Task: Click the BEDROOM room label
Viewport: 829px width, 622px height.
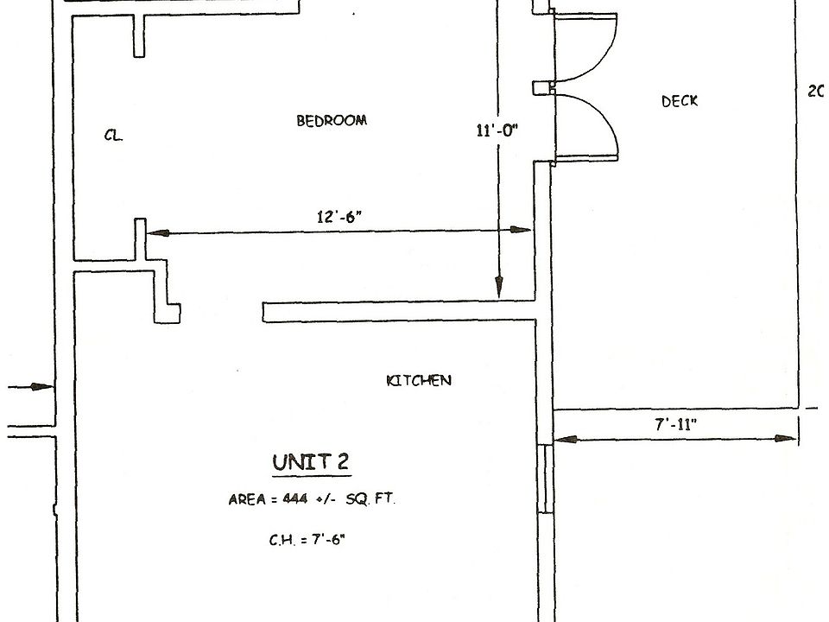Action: click(332, 121)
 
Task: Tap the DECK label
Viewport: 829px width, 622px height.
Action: click(680, 101)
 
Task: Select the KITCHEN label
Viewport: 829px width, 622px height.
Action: click(418, 380)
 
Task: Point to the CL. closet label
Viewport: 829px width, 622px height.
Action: click(113, 136)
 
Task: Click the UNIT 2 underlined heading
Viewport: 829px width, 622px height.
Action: click(311, 463)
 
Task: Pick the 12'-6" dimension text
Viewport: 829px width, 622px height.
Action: click(338, 217)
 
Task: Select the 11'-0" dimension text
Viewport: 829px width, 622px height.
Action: click(496, 131)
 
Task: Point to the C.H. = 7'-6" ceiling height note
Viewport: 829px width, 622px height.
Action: click(309, 540)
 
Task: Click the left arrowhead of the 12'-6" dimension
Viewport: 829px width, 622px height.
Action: click(155, 232)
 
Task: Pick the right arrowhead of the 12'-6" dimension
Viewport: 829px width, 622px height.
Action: click(522, 230)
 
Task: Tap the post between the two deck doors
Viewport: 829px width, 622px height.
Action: click(542, 87)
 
